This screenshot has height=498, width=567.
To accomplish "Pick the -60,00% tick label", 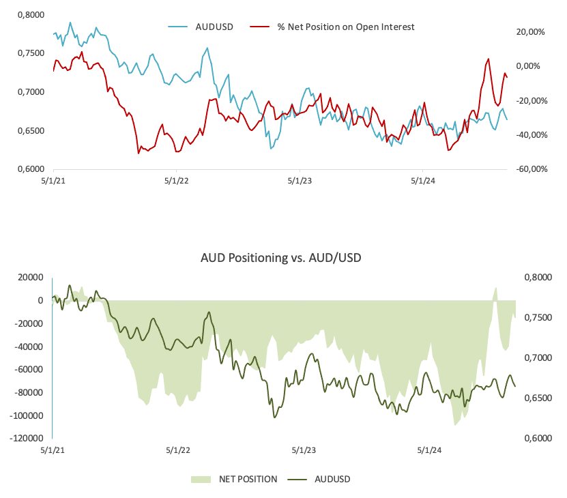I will click(529, 169).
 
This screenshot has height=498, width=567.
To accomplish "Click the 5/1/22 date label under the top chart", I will click(177, 182).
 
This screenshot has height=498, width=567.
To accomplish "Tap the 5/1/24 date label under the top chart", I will click(423, 182).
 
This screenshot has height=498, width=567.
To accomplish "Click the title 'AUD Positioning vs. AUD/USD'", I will click(281, 258).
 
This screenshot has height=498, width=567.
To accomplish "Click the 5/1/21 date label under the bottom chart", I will click(52, 451).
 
